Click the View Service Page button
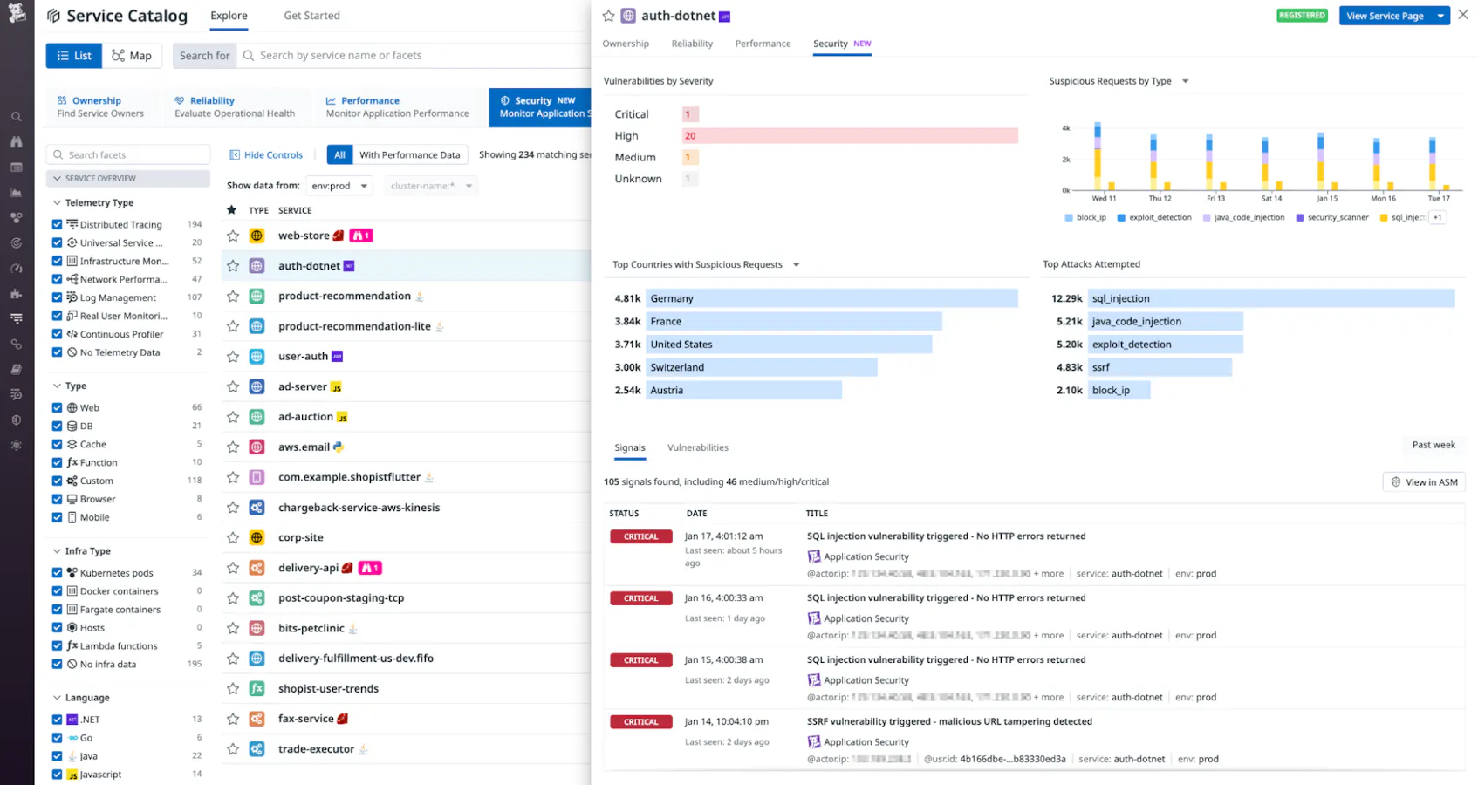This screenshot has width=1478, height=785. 1385,16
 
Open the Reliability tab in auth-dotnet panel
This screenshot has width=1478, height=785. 692,44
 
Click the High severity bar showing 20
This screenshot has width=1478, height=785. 849,136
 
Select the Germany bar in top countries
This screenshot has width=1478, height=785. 831,298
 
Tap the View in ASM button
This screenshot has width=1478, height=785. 1424,482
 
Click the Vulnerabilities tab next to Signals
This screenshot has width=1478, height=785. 697,447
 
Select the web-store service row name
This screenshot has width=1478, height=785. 304,235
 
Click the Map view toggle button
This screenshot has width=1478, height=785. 132,56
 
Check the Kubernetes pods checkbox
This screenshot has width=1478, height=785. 57,573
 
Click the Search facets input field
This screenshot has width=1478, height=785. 128,154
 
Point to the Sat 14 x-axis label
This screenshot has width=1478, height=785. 1271,198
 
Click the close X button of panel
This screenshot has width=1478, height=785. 1463,15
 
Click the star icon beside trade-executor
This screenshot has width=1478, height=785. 233,749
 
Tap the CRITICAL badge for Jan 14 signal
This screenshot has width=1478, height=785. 640,722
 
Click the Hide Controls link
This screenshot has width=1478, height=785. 266,154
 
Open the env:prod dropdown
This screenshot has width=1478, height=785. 339,186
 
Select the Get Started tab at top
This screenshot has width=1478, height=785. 311,16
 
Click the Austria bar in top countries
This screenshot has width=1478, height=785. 743,391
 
